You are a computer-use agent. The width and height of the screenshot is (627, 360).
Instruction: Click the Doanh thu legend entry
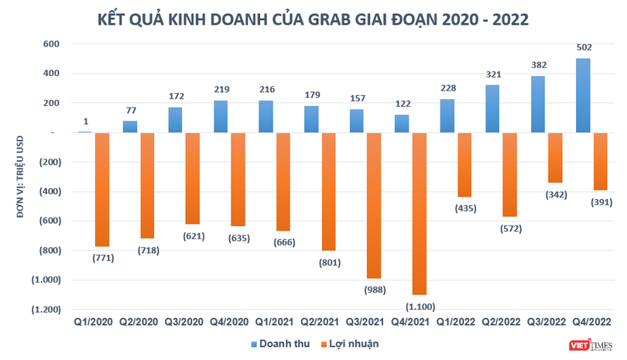pos(283,343)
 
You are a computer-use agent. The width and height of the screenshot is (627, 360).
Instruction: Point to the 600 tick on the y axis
pos(51,44)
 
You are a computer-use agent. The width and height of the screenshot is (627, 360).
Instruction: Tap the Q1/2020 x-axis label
pos(93,321)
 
